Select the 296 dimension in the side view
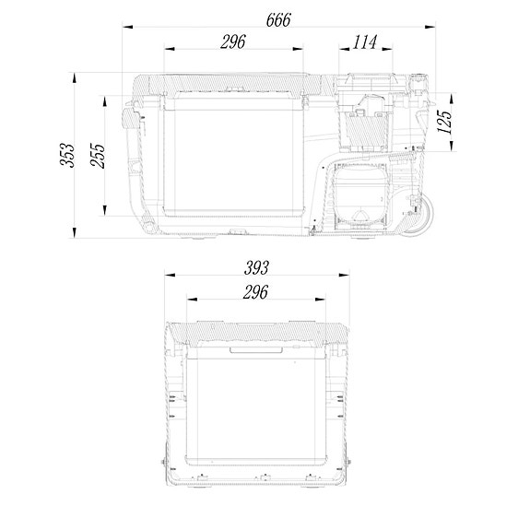(234, 41)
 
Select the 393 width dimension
(257, 268)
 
